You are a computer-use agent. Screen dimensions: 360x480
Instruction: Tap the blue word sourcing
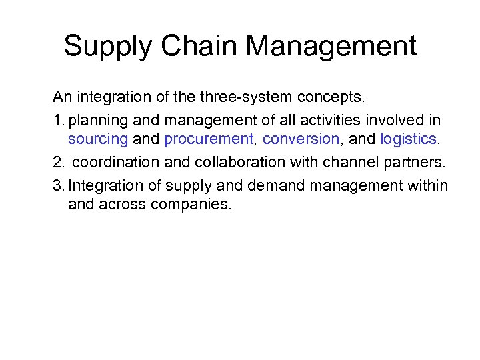97,140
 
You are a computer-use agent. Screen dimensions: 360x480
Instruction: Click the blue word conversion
301,139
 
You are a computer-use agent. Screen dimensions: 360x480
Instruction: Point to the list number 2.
58,162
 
